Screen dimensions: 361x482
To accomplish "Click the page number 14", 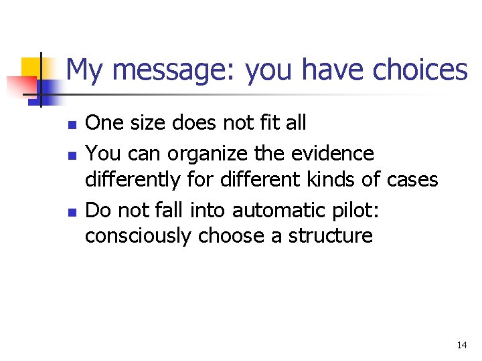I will pos(461,346).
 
